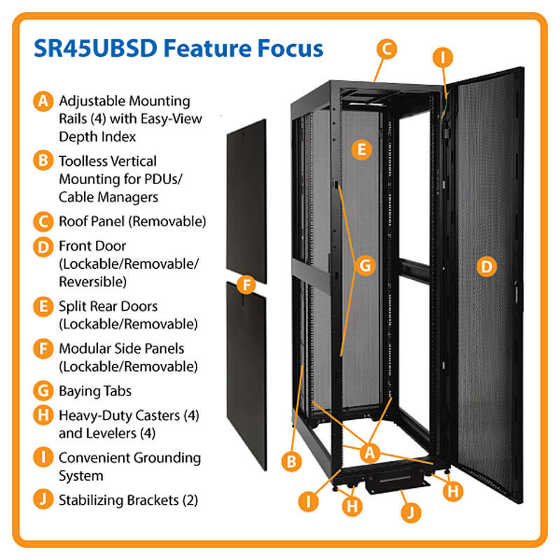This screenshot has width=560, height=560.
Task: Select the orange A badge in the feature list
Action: pyautogui.click(x=43, y=101)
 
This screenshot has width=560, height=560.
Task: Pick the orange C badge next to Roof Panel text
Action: pyautogui.click(x=43, y=222)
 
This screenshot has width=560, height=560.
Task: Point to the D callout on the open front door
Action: pyautogui.click(x=485, y=266)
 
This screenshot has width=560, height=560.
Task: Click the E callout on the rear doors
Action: pyautogui.click(x=360, y=149)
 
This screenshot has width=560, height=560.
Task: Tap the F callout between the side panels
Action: pyautogui.click(x=245, y=285)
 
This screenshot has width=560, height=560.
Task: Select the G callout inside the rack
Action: pyautogui.click(x=365, y=265)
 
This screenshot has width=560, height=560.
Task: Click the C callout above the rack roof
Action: pyautogui.click(x=386, y=49)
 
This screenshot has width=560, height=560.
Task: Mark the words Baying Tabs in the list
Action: pyautogui.click(x=95, y=391)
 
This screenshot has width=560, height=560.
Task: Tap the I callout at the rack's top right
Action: pyautogui.click(x=441, y=55)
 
